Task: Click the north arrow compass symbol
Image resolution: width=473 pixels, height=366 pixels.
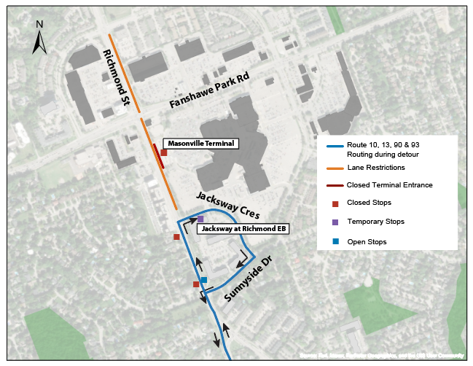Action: click(x=40, y=37)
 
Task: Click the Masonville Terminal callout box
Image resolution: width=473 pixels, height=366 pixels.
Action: click(x=198, y=144)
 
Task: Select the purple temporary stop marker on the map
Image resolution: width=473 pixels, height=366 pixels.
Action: click(x=200, y=219)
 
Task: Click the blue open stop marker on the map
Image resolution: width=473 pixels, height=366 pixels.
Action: click(x=204, y=280)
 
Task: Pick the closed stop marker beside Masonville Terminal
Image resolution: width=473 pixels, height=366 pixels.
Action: click(x=164, y=152)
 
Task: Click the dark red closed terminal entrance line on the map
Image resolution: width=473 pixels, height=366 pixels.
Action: click(x=158, y=156)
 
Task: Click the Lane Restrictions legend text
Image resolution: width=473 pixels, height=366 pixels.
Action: click(x=375, y=168)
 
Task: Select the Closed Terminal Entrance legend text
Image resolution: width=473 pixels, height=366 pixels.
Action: click(x=389, y=185)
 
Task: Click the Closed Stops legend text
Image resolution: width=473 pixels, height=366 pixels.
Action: click(x=369, y=203)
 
